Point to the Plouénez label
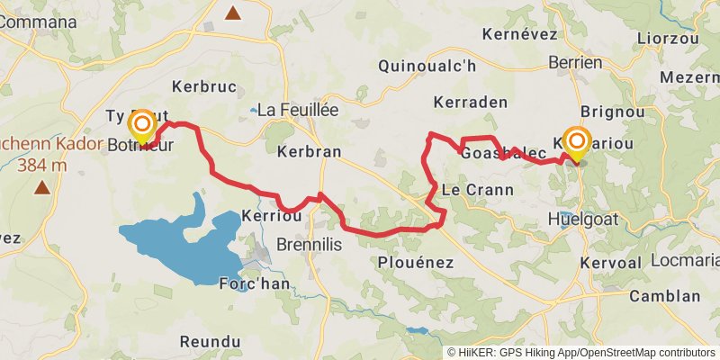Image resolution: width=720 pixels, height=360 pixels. (x=416, y=262)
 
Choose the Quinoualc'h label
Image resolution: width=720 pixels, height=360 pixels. (x=427, y=66)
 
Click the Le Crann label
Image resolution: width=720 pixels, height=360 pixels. (x=477, y=190)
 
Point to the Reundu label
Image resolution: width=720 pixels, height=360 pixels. (x=211, y=342)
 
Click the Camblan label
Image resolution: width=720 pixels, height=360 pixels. (x=664, y=296)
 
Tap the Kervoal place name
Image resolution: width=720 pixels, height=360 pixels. (x=613, y=262)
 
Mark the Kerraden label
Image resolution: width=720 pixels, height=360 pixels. (x=470, y=102)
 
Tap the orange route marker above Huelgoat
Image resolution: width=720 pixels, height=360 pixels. (x=576, y=141)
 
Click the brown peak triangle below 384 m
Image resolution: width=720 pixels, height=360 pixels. (x=41, y=188)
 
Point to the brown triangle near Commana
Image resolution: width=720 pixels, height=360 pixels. (x=233, y=13)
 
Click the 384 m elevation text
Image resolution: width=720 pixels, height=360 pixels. (x=41, y=165)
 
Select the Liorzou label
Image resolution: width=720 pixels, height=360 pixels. (x=668, y=39)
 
